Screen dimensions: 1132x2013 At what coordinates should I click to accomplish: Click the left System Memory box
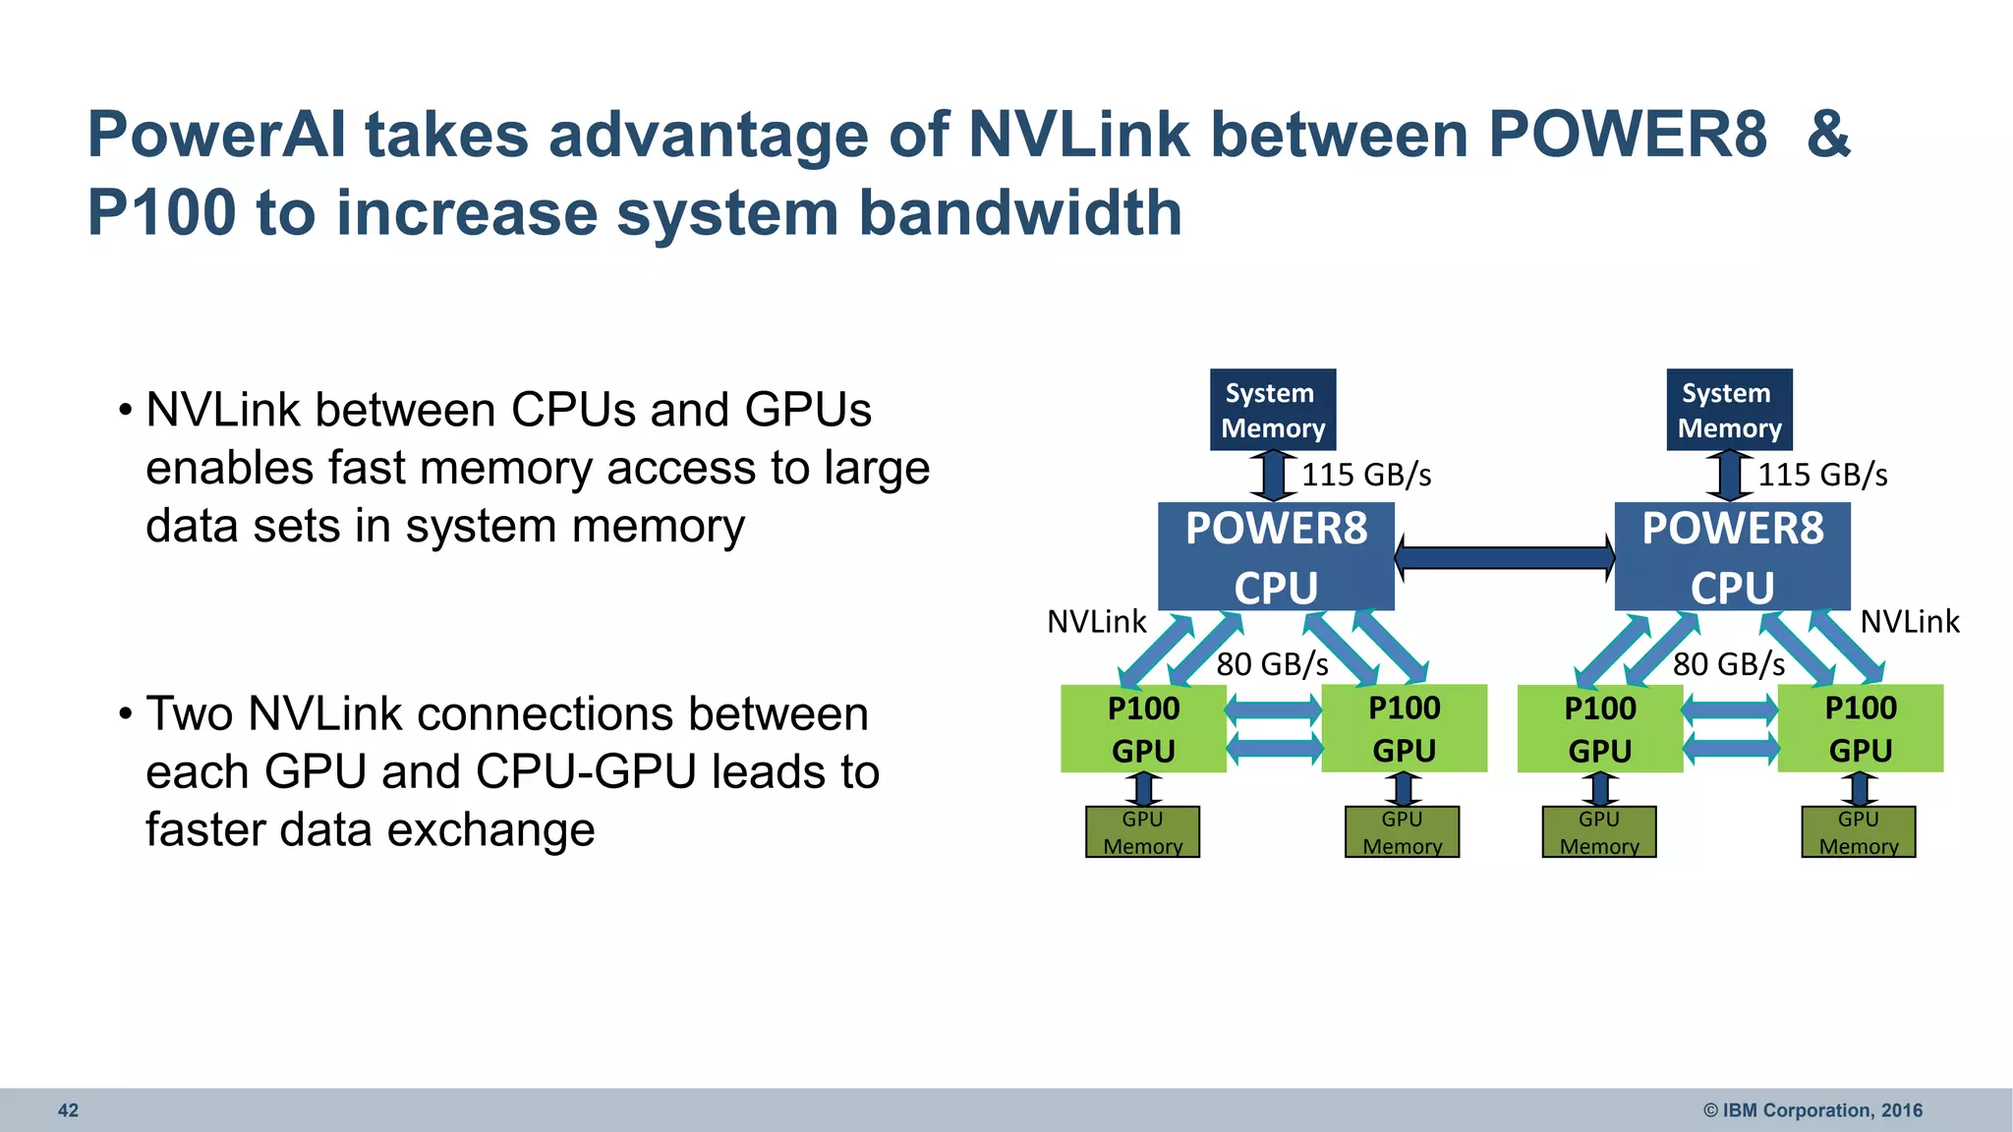1272,410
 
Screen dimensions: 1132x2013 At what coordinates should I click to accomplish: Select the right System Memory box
1729,410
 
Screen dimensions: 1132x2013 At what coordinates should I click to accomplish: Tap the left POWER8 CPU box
1276,556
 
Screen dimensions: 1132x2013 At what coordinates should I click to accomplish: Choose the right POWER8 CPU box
1732,556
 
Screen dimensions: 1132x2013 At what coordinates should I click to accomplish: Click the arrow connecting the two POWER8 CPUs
1504,558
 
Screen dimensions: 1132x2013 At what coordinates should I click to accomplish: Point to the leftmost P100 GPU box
1143,728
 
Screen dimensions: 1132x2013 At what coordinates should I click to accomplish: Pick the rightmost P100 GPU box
1860,728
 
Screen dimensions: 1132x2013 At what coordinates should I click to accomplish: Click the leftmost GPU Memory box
1142,832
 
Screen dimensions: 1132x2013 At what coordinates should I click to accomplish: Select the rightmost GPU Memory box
1858,832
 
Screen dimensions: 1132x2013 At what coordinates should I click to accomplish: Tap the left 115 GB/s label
1366,476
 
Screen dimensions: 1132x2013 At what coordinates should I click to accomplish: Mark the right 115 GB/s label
1822,476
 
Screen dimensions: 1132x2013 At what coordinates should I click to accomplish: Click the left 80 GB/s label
1272,665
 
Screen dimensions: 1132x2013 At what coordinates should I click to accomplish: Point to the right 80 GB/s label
1729,665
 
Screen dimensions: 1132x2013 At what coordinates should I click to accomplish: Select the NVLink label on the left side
1096,622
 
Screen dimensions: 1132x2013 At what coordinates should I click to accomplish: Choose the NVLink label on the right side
1910,622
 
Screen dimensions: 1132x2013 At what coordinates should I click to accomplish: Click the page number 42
68,1110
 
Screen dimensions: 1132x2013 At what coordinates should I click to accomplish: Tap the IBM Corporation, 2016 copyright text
1812,1110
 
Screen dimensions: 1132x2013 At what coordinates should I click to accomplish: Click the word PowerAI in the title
216,135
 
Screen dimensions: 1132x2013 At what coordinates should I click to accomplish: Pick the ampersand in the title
1828,135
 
